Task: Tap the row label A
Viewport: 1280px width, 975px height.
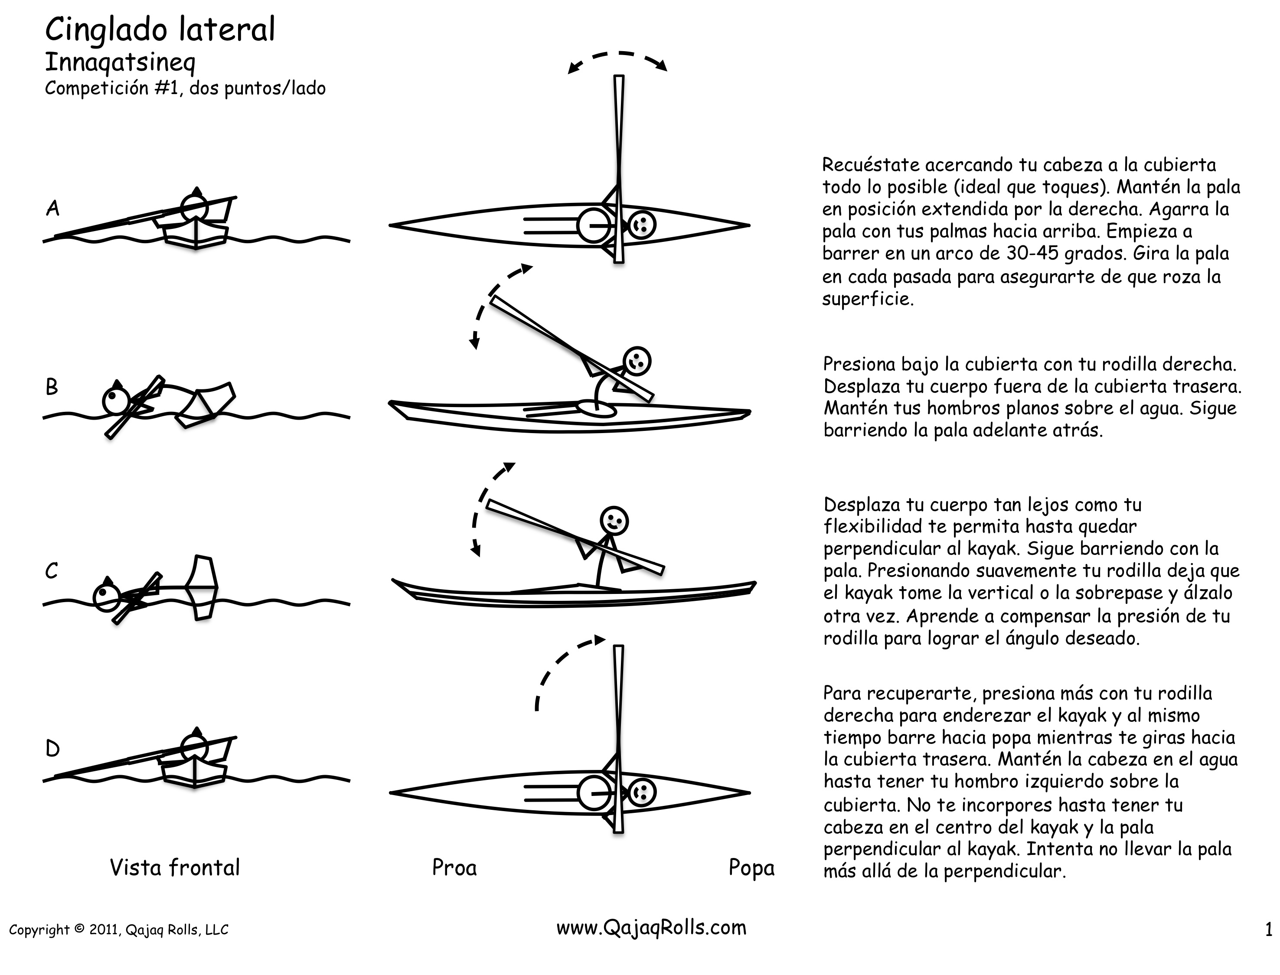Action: pyautogui.click(x=53, y=208)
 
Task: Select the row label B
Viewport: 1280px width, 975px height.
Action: pyautogui.click(x=52, y=387)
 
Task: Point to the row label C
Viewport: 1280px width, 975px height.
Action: pyautogui.click(x=52, y=571)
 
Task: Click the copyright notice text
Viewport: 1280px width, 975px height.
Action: pyautogui.click(x=118, y=930)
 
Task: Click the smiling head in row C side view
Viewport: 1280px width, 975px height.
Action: pyautogui.click(x=614, y=519)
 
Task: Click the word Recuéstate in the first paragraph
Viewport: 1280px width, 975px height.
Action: pyautogui.click(x=871, y=166)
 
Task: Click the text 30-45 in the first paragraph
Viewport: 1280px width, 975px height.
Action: pyautogui.click(x=1030, y=254)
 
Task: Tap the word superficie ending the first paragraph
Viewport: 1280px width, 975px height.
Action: pyautogui.click(x=867, y=299)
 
